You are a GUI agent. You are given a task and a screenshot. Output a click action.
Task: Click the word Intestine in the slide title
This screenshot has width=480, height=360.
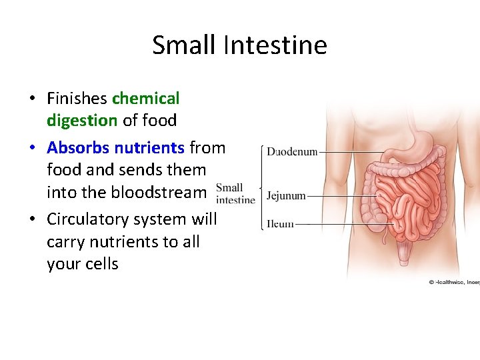[275, 45]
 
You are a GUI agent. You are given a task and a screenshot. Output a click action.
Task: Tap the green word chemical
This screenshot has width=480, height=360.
[146, 99]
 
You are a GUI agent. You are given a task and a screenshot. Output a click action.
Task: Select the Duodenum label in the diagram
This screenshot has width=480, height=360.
[292, 152]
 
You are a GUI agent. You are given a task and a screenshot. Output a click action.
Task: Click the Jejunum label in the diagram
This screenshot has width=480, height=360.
[286, 196]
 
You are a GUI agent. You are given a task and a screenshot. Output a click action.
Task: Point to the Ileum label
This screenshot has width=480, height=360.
[280, 224]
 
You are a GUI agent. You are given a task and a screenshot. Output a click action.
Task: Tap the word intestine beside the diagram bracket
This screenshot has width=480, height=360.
[236, 199]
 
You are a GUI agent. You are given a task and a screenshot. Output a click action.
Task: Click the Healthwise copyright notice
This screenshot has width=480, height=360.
[453, 282]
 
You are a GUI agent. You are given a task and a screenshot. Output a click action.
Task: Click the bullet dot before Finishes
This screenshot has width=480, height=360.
[32, 99]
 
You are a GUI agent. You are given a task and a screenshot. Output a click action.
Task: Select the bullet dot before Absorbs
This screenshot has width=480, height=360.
[32, 148]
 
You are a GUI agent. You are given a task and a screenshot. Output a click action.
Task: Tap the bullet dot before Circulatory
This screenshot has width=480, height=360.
[32, 220]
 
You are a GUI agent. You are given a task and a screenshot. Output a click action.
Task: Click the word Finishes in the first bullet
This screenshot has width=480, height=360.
[77, 99]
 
